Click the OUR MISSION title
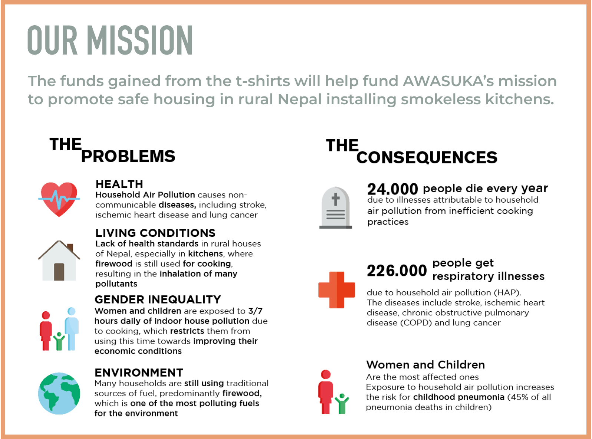point(110,40)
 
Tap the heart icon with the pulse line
point(59,199)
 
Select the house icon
point(59,261)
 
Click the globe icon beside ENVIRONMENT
point(59,393)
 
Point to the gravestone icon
point(336,207)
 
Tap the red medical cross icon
point(337,290)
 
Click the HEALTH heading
point(119,184)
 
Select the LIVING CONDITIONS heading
point(155,233)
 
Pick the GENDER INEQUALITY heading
point(158,299)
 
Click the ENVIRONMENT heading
point(139,373)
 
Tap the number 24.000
point(392,189)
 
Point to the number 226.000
point(397,271)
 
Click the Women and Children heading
point(425,365)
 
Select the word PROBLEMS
point(128,156)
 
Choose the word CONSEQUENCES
point(427,157)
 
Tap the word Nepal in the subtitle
point(300,99)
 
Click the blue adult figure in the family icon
point(72,329)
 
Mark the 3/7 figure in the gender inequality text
point(255,311)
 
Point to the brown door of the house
point(59,272)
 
